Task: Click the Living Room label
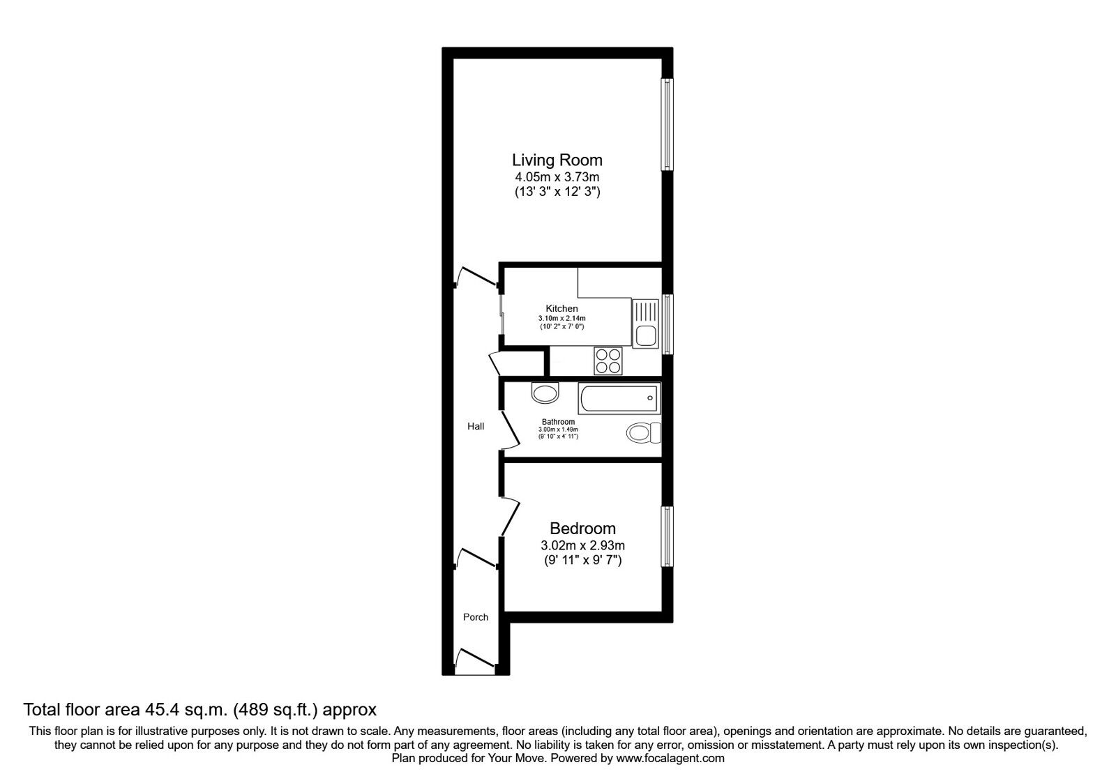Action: click(557, 160)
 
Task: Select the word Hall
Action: click(475, 426)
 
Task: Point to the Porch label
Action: click(475, 618)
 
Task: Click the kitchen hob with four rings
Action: click(608, 361)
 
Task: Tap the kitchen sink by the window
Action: click(645, 324)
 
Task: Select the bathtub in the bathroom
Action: click(619, 398)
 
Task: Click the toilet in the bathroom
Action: click(643, 433)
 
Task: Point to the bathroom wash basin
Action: click(545, 393)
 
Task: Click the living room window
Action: click(667, 125)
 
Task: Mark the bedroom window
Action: click(667, 536)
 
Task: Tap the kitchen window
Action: click(667, 324)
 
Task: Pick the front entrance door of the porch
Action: click(475, 658)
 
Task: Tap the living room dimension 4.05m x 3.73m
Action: click(557, 177)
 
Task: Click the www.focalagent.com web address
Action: click(670, 759)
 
